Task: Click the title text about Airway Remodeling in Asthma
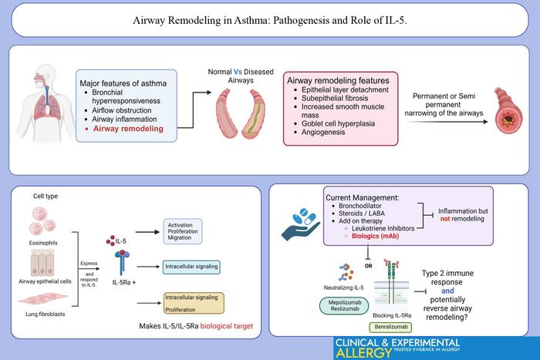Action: (x=269, y=22)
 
